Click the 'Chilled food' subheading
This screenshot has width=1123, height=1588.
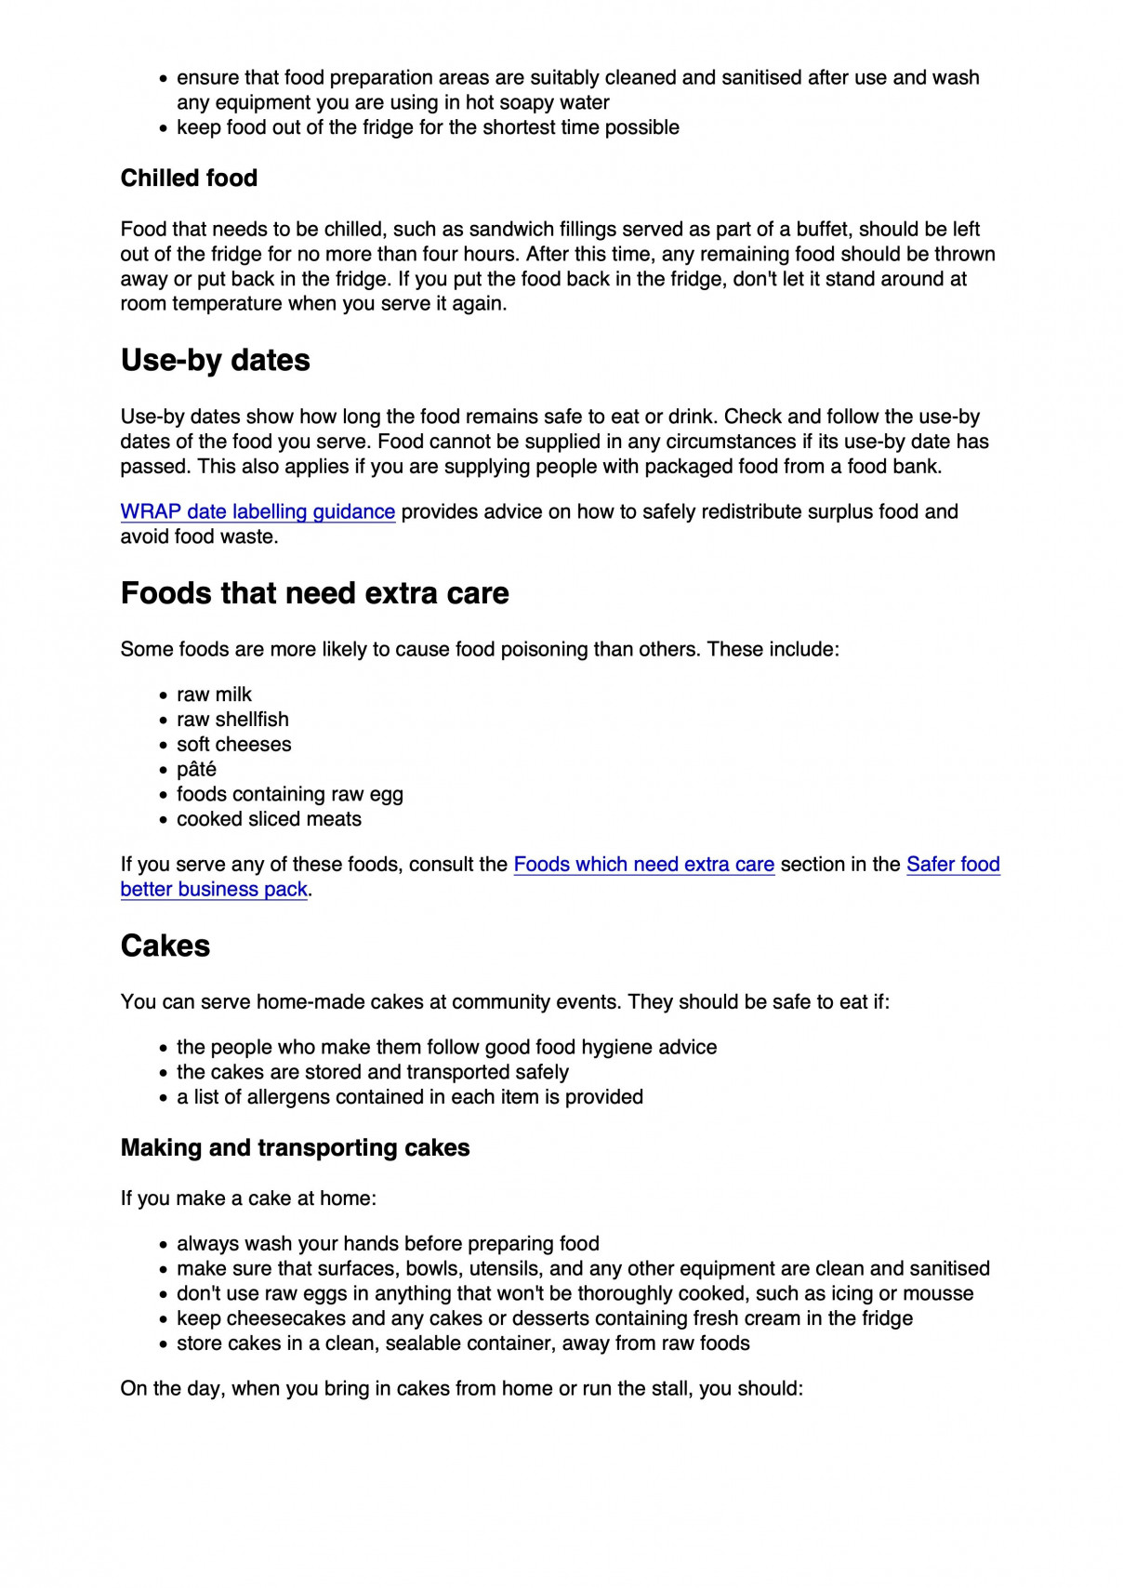click(189, 179)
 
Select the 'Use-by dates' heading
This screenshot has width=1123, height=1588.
click(215, 361)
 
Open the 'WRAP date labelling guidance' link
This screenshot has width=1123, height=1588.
click(258, 512)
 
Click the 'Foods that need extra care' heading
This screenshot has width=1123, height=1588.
click(314, 594)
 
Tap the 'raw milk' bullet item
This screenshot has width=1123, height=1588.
click(214, 695)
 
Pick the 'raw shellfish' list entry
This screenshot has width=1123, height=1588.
click(232, 721)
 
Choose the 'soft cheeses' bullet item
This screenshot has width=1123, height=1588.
click(233, 746)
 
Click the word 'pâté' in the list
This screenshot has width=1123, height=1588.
click(196, 770)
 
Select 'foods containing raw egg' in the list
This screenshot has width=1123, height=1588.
click(289, 795)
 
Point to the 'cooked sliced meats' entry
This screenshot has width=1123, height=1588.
click(269, 820)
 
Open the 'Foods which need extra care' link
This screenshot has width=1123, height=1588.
click(643, 865)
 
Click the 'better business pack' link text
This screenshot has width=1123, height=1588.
click(214, 890)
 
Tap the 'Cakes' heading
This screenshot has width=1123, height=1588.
click(165, 946)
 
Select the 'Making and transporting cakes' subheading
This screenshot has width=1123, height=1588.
click(295, 1148)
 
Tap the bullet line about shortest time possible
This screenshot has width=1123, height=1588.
click(428, 128)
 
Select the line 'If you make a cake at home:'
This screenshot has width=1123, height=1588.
click(248, 1199)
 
